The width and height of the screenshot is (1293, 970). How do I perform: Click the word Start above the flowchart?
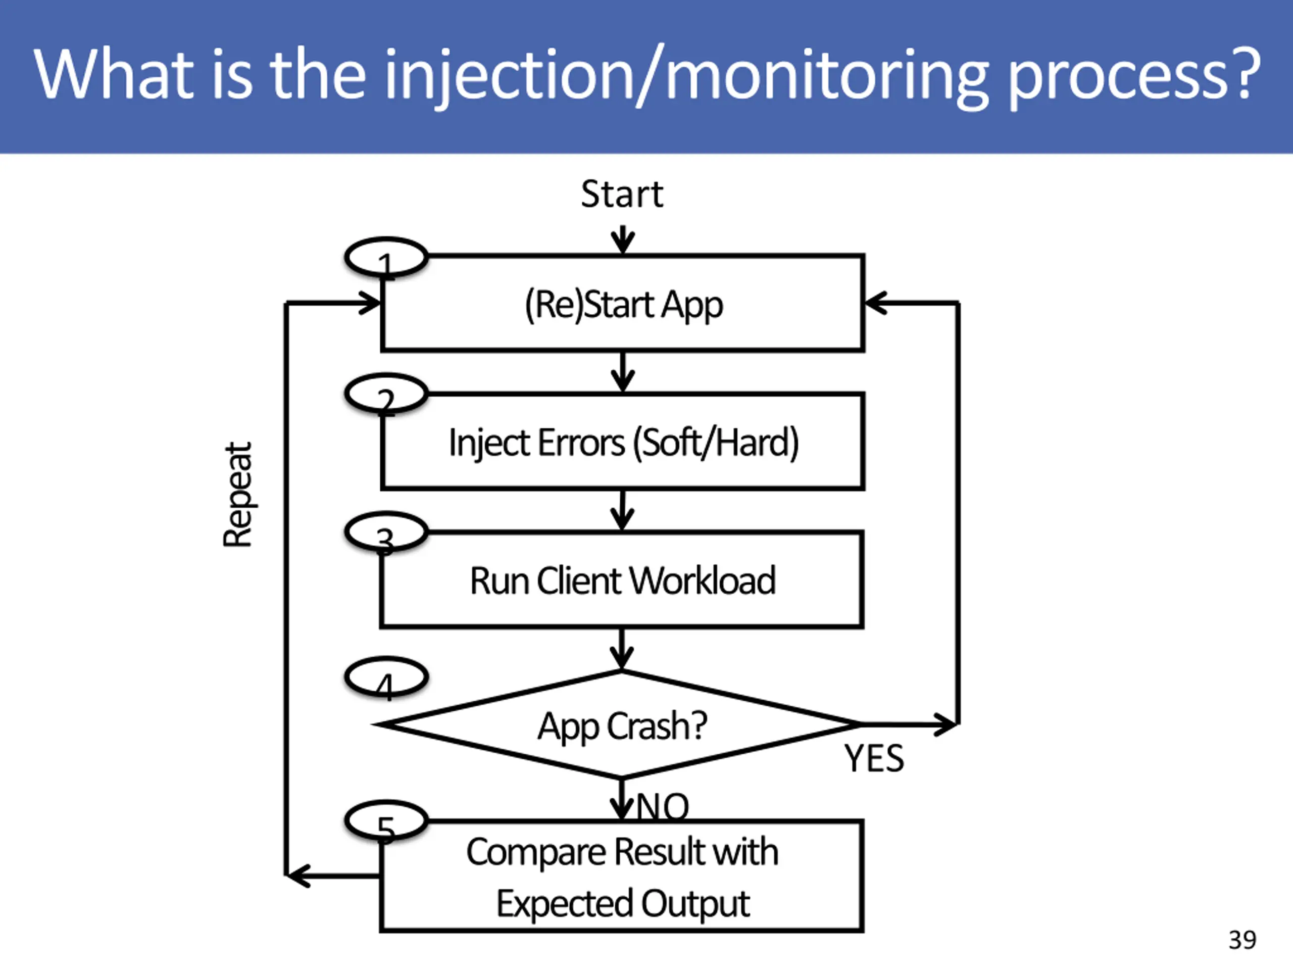622,194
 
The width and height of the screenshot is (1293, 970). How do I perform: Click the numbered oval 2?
386,375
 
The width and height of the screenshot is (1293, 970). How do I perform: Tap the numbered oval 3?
386,514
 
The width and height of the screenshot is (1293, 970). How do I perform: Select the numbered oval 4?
386,659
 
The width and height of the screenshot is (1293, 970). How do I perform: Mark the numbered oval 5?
386,803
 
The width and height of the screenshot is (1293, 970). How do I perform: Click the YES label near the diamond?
874,758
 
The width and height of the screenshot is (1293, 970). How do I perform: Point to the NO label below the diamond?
662,806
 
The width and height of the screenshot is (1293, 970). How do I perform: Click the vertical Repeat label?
237,495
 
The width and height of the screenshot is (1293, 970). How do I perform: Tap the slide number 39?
1242,940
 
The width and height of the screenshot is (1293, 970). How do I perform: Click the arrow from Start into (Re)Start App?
623,240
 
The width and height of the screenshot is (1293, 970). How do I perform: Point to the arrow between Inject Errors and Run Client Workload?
623,510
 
